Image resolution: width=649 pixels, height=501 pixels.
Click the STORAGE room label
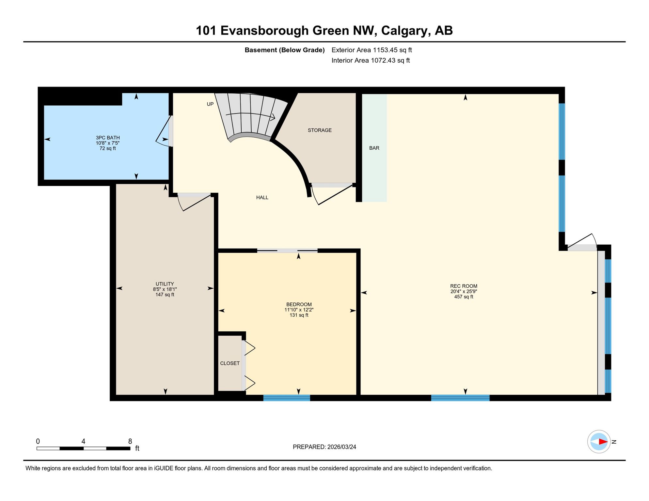pos(320,130)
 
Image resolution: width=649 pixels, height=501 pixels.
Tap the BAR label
pos(374,148)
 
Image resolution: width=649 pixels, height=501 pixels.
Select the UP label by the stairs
pos(210,104)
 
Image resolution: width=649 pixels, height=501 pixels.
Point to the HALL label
pos(262,197)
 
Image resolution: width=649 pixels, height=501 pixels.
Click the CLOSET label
pos(230,363)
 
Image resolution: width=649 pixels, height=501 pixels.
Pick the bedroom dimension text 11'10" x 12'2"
pos(299,310)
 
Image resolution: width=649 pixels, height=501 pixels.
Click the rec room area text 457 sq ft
pos(464,297)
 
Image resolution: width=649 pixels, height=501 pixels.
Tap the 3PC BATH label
pos(108,138)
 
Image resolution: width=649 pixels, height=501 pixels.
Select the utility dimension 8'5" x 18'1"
pos(165,289)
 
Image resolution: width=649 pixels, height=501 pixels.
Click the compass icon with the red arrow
pos(599,442)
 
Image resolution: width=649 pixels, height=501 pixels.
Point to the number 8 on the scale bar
pos(130,441)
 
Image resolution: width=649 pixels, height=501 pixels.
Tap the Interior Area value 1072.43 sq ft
pos(390,60)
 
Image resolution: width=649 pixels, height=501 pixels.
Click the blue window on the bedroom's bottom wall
pos(287,398)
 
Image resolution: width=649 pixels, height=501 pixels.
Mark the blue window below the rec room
pos(460,398)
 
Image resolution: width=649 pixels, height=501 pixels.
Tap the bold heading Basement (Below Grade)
pos(285,50)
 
